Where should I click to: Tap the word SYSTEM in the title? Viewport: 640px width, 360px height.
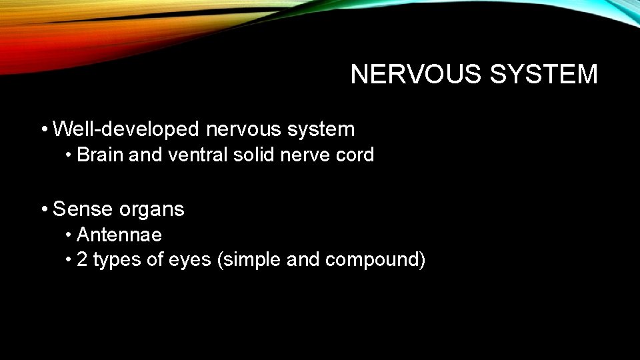pos(545,75)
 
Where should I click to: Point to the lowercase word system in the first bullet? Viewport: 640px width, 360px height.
pos(323,129)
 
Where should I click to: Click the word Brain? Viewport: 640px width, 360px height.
pos(101,155)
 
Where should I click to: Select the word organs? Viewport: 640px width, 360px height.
pos(152,209)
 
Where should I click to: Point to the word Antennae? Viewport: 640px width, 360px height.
pos(119,235)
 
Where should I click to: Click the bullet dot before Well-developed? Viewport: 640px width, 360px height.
pos(43,129)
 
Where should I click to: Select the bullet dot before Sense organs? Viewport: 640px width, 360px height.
pos(43,209)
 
